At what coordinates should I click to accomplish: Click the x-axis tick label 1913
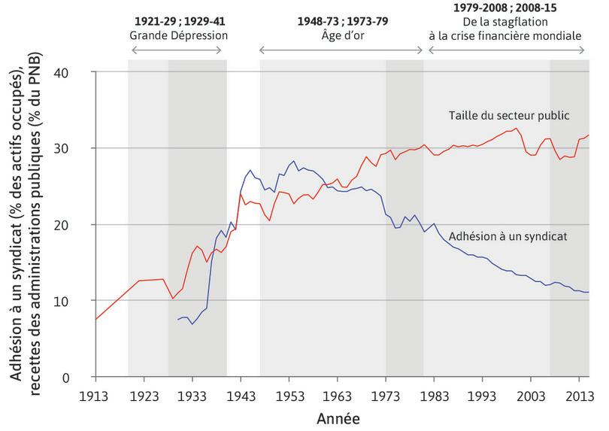96,396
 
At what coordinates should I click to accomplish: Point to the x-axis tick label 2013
577,396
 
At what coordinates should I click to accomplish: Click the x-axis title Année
337,416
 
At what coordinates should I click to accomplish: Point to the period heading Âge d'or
341,35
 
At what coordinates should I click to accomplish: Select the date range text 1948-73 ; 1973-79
341,21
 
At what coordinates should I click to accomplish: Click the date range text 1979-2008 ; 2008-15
505,9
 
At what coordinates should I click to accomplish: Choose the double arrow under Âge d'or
341,50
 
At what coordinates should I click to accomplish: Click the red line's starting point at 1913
96,320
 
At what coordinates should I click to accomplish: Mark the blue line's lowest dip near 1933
192,323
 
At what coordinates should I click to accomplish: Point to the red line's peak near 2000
516,128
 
